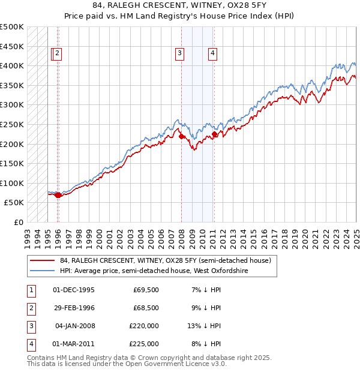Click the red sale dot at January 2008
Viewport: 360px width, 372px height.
[181, 136]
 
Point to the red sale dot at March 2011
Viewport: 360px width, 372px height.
[214, 134]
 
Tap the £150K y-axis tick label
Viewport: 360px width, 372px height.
[12, 163]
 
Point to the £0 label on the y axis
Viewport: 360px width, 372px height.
[19, 222]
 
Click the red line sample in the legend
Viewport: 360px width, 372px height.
[42, 261]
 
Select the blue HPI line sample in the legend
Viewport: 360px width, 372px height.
[42, 271]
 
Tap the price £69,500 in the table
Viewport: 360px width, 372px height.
[146, 289]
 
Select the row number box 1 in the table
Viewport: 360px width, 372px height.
[30, 289]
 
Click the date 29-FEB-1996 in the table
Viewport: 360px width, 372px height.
[74, 307]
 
